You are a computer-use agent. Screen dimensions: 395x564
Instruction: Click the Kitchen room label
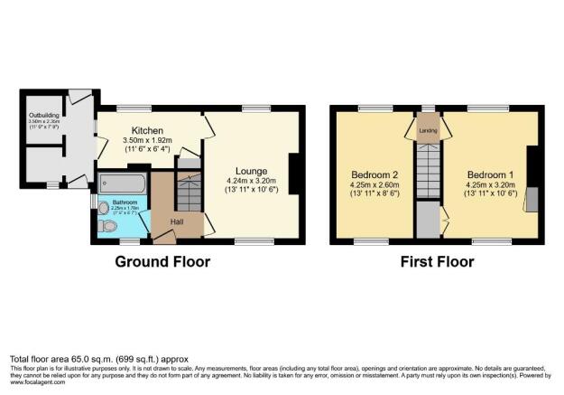click(x=147, y=129)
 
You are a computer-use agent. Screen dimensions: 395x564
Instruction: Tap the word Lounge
click(x=252, y=171)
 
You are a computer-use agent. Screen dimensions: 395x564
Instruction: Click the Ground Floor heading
click(x=162, y=262)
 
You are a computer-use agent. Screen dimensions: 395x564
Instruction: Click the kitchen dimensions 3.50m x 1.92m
click(x=147, y=141)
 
